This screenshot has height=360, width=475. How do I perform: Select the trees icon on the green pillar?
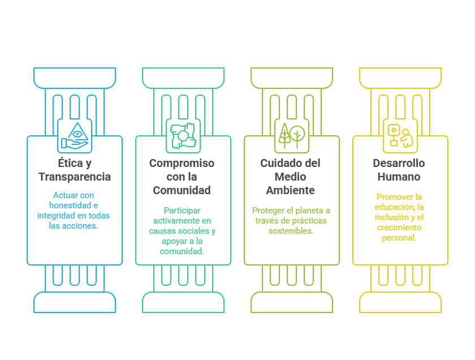coord(292,136)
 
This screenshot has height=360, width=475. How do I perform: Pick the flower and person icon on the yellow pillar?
coord(400,136)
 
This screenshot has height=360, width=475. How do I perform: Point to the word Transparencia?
coord(75,177)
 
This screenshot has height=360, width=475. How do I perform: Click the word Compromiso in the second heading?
coord(182,164)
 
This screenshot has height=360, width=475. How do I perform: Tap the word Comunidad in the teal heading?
coord(182,191)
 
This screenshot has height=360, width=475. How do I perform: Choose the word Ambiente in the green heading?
coord(291,191)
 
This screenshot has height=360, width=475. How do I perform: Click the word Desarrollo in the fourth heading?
coord(399,164)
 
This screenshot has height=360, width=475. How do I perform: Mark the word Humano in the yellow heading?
coord(399,177)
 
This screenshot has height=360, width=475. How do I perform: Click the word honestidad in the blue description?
coord(67,205)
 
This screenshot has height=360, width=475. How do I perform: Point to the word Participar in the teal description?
coord(182,211)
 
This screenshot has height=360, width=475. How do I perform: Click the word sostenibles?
coord(291,231)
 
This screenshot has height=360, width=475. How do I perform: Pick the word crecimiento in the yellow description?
coord(399,228)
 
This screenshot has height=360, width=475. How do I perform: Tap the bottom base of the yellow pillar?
coord(400,302)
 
